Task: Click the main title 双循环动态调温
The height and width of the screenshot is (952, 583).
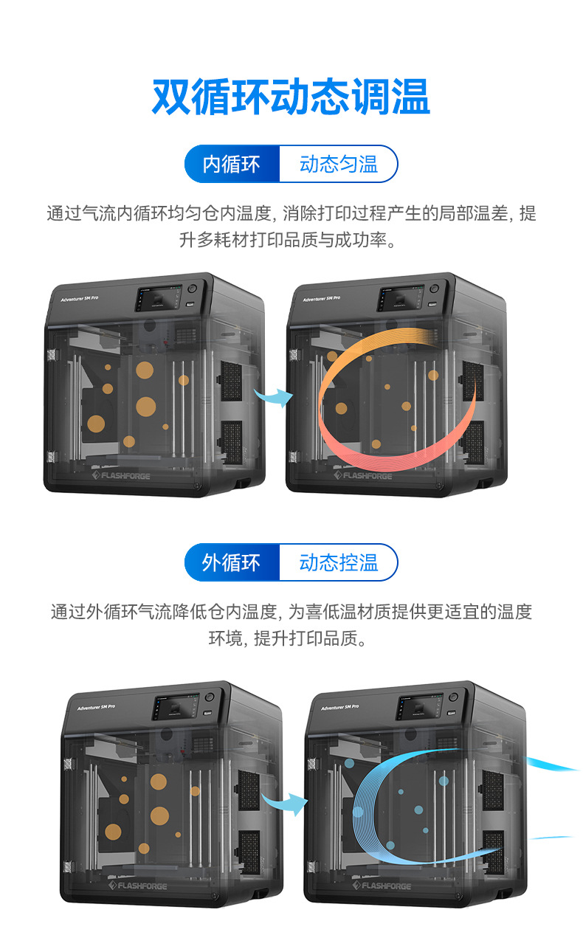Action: pos(291,97)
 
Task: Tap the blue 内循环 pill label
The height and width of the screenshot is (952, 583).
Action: pos(232,164)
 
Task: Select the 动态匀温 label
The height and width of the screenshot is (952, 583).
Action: pos(338,164)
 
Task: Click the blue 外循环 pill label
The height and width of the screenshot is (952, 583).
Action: pos(232,563)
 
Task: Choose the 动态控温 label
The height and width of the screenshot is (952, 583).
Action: pos(338,563)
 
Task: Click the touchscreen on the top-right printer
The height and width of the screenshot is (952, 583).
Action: pos(399,299)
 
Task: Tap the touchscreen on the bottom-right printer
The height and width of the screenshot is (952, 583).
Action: pos(418,708)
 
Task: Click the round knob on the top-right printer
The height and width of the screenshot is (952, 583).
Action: pos(435,289)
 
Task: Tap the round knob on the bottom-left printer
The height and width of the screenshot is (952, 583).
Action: pos(209,697)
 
